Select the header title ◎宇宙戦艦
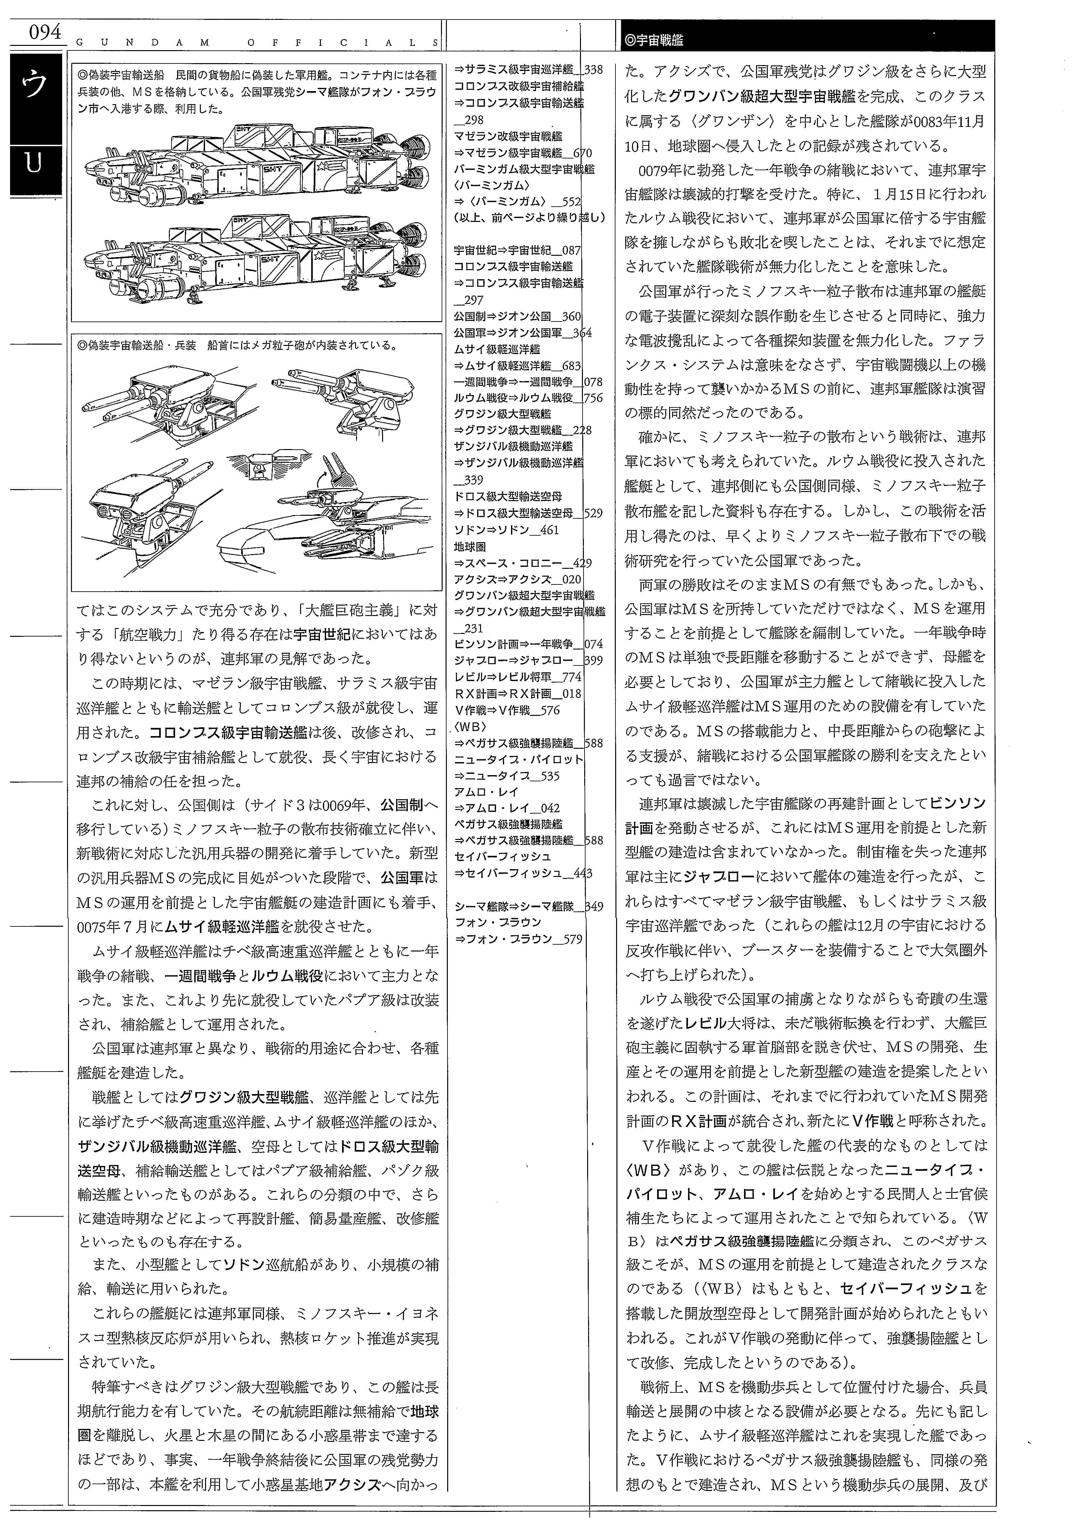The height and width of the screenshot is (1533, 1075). pyautogui.click(x=655, y=40)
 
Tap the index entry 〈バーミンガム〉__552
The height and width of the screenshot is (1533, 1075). pyautogui.click(x=517, y=202)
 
